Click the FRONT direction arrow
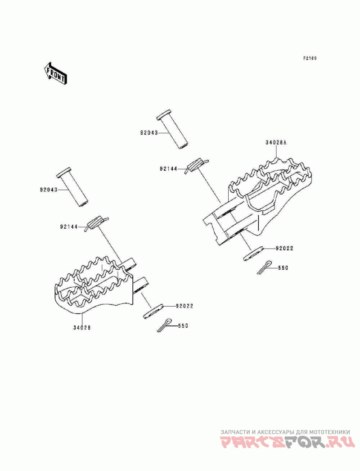pyautogui.click(x=55, y=73)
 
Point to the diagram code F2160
pyautogui.click(x=310, y=58)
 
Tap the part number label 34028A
pyautogui.click(x=276, y=142)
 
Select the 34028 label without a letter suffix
pyautogui.click(x=82, y=328)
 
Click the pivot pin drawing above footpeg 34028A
pyautogui.click(x=173, y=131)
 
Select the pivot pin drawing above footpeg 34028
pyautogui.click(x=72, y=187)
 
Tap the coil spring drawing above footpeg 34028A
pyautogui.click(x=196, y=165)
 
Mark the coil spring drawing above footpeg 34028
pyautogui.click(x=96, y=223)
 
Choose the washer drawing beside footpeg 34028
pyautogui.click(x=153, y=311)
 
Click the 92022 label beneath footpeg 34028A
pyautogui.click(x=285, y=249)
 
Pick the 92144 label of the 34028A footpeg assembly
pyautogui.click(x=169, y=169)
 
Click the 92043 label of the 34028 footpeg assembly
pyautogui.click(x=49, y=190)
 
